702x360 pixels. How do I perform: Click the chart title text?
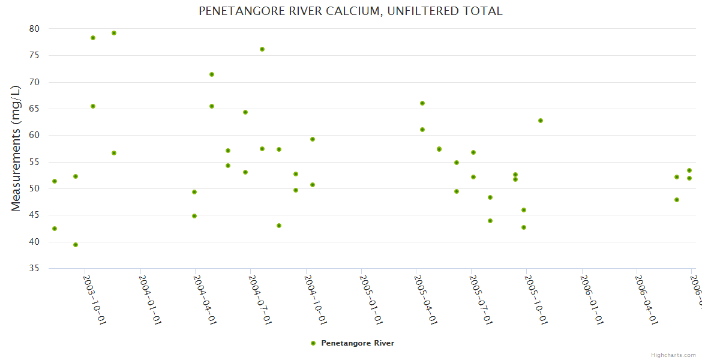click(x=350, y=11)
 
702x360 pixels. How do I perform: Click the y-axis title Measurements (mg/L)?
click(x=16, y=148)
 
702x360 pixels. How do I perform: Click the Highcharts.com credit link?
click(x=674, y=355)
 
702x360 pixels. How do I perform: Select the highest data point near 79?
click(x=114, y=33)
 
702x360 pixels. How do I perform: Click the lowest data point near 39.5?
click(x=76, y=245)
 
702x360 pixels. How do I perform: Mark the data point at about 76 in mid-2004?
click(x=262, y=49)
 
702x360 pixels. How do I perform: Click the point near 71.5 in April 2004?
click(x=212, y=74)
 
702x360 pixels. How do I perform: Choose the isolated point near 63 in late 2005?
click(x=541, y=121)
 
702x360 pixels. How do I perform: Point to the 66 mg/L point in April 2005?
click(x=422, y=103)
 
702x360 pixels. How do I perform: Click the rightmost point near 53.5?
click(x=689, y=170)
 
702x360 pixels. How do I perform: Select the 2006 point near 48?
click(x=677, y=200)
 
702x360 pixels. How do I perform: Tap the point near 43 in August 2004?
click(x=279, y=226)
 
